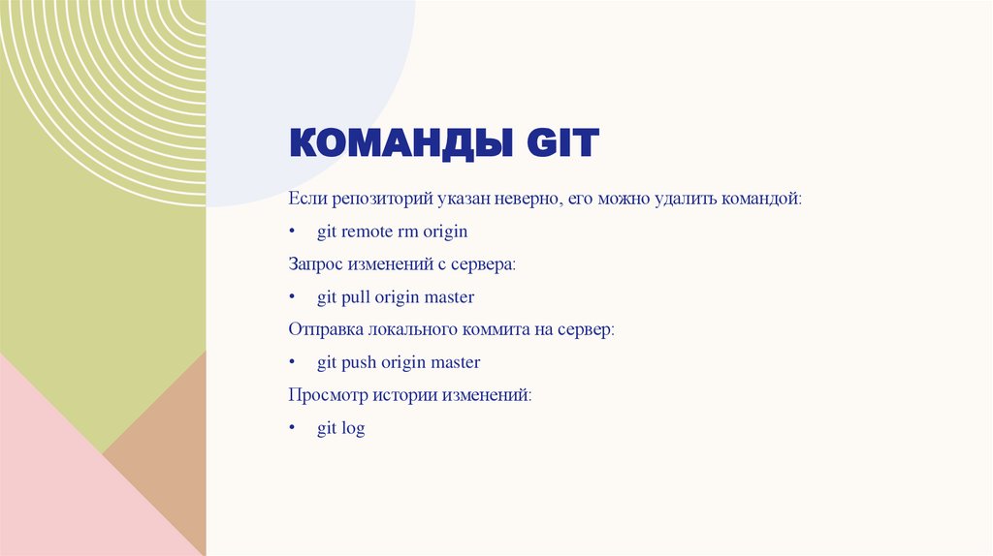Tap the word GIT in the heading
[563, 144]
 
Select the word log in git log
[354, 429]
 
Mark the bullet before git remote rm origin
[292, 232]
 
